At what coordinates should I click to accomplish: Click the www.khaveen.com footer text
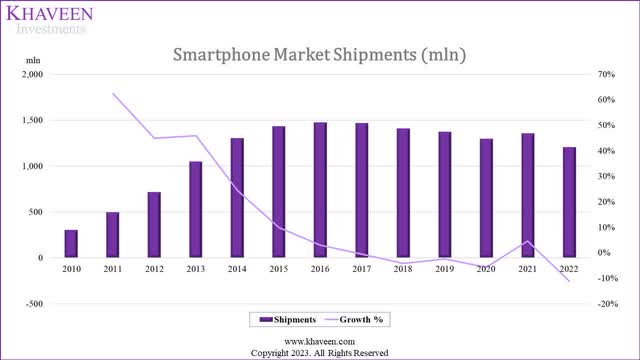(320, 341)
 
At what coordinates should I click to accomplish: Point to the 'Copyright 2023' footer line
(320, 352)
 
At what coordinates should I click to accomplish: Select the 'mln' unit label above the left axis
(33, 62)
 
